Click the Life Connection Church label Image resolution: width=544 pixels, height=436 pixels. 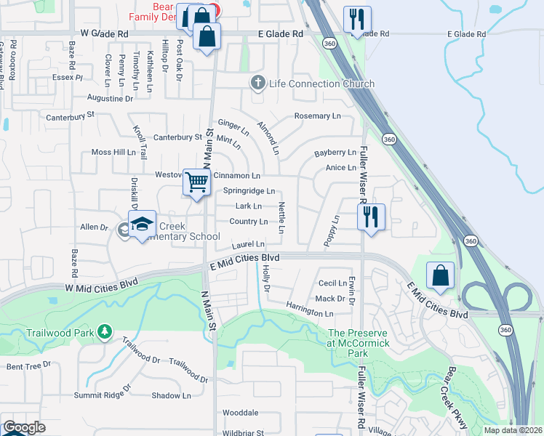(x=321, y=84)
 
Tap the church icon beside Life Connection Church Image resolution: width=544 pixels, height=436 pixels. (x=257, y=84)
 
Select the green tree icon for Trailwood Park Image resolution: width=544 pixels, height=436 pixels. (x=105, y=332)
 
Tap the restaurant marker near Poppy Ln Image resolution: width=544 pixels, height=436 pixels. (x=371, y=216)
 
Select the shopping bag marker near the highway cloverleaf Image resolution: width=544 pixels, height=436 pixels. (x=440, y=275)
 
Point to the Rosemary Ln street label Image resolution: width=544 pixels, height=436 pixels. (x=317, y=116)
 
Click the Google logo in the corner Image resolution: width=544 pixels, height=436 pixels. (x=24, y=427)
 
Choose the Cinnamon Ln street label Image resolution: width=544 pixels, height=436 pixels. (x=236, y=176)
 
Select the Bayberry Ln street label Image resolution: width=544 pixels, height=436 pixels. (x=335, y=153)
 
